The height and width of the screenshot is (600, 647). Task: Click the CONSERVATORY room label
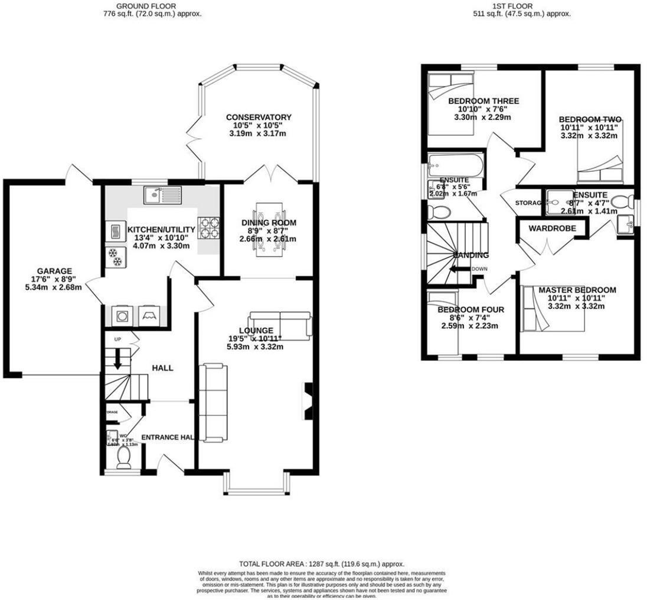(259, 117)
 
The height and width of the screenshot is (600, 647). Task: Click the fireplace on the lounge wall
(308, 401)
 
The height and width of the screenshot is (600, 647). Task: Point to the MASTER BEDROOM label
(577, 290)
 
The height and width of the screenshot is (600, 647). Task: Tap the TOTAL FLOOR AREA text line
(322, 564)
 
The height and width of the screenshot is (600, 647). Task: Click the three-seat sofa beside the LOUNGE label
(280, 325)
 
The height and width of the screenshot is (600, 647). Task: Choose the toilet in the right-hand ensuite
(619, 201)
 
